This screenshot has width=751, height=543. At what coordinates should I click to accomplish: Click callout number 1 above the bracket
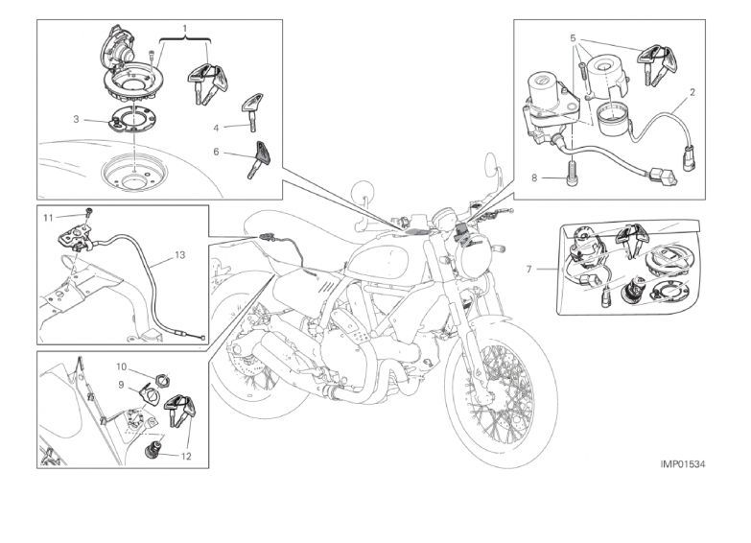coord(185,28)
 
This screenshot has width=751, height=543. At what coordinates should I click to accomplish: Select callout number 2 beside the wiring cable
coord(692,92)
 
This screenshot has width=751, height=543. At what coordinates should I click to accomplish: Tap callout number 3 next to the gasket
coord(76,119)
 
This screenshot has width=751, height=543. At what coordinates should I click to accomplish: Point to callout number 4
coord(216,128)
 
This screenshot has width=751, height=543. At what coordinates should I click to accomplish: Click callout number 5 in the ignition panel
coord(574,37)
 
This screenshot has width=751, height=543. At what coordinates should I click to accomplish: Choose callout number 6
coord(216,152)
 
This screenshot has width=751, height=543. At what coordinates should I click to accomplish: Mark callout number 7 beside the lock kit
coord(528,270)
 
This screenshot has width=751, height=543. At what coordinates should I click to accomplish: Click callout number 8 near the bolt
coord(534,178)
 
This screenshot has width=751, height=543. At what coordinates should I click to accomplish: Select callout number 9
coord(121,385)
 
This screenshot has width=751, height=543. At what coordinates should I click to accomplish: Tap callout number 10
coord(121,367)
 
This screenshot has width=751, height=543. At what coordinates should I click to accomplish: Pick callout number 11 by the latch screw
coord(48,218)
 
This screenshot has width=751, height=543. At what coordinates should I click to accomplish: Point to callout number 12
coord(186,457)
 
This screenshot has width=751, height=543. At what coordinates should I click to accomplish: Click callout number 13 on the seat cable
coord(179,255)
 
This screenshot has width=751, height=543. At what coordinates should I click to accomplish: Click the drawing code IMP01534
coord(683,463)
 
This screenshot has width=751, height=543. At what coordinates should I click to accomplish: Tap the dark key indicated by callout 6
coord(258,159)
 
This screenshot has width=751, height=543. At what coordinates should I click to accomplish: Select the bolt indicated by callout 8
coord(571,174)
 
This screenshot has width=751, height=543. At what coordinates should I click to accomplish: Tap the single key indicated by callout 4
coord(250,112)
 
